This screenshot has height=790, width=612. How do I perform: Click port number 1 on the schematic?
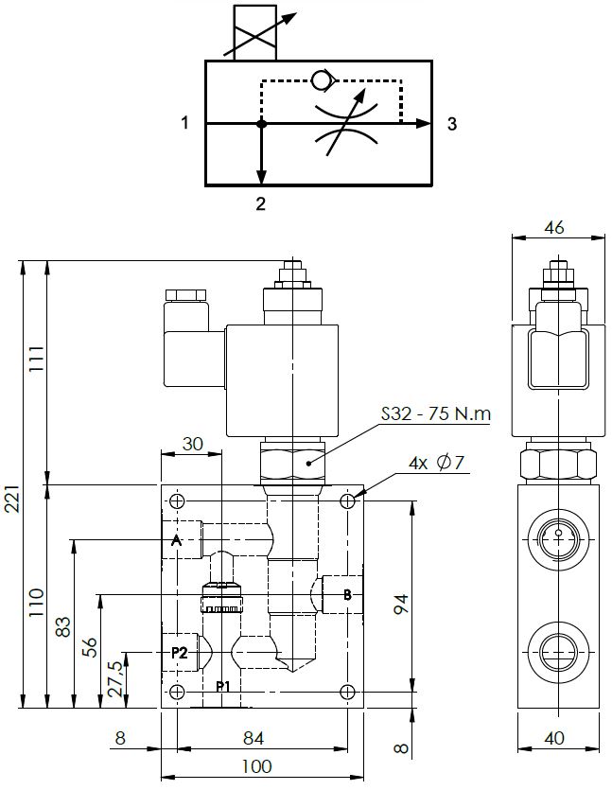click(186, 123)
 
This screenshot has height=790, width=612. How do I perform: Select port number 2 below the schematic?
click(261, 202)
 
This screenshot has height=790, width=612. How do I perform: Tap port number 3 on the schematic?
click(452, 123)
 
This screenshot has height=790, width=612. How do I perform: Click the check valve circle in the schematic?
click(321, 80)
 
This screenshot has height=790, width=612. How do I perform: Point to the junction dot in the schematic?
click(262, 123)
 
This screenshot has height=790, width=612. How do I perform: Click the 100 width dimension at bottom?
click(256, 765)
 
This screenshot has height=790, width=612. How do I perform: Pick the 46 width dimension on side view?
click(556, 226)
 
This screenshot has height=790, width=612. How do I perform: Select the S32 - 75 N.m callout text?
click(435, 414)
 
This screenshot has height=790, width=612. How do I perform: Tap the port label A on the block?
click(175, 541)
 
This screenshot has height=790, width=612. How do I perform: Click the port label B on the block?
click(347, 595)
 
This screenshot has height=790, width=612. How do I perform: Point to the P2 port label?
click(179, 653)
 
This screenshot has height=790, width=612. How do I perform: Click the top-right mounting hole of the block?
click(349, 500)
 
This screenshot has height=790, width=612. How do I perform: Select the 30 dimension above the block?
click(192, 443)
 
